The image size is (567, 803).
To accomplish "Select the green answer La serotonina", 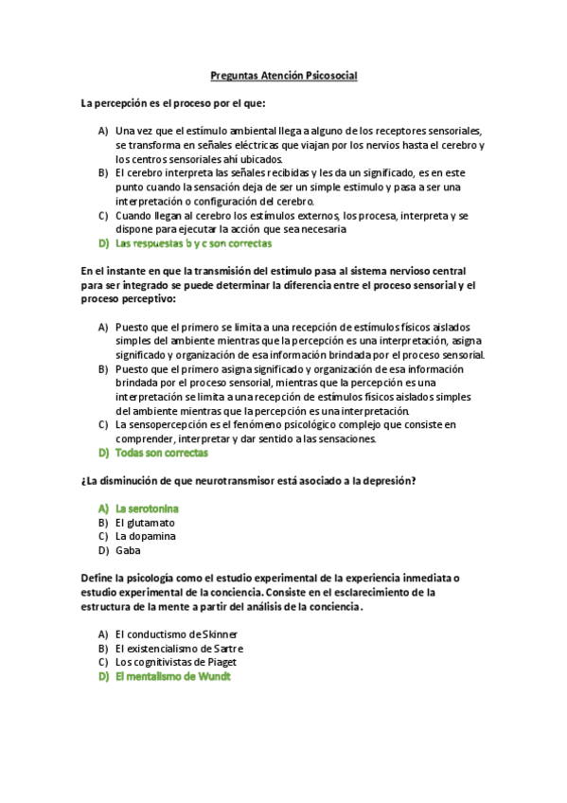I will pos(148,509).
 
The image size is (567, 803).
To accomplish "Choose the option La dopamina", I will pos(146,536).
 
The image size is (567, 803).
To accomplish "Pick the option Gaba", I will pos(127,550).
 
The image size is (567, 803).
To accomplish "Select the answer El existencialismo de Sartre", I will pos(179,648).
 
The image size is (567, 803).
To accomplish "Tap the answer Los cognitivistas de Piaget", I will pos(175,662).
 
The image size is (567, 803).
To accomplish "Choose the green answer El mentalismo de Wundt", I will pos(173,676).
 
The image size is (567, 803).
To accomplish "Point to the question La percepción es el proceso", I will pos(173,102).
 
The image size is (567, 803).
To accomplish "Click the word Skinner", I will pos(220,633).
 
